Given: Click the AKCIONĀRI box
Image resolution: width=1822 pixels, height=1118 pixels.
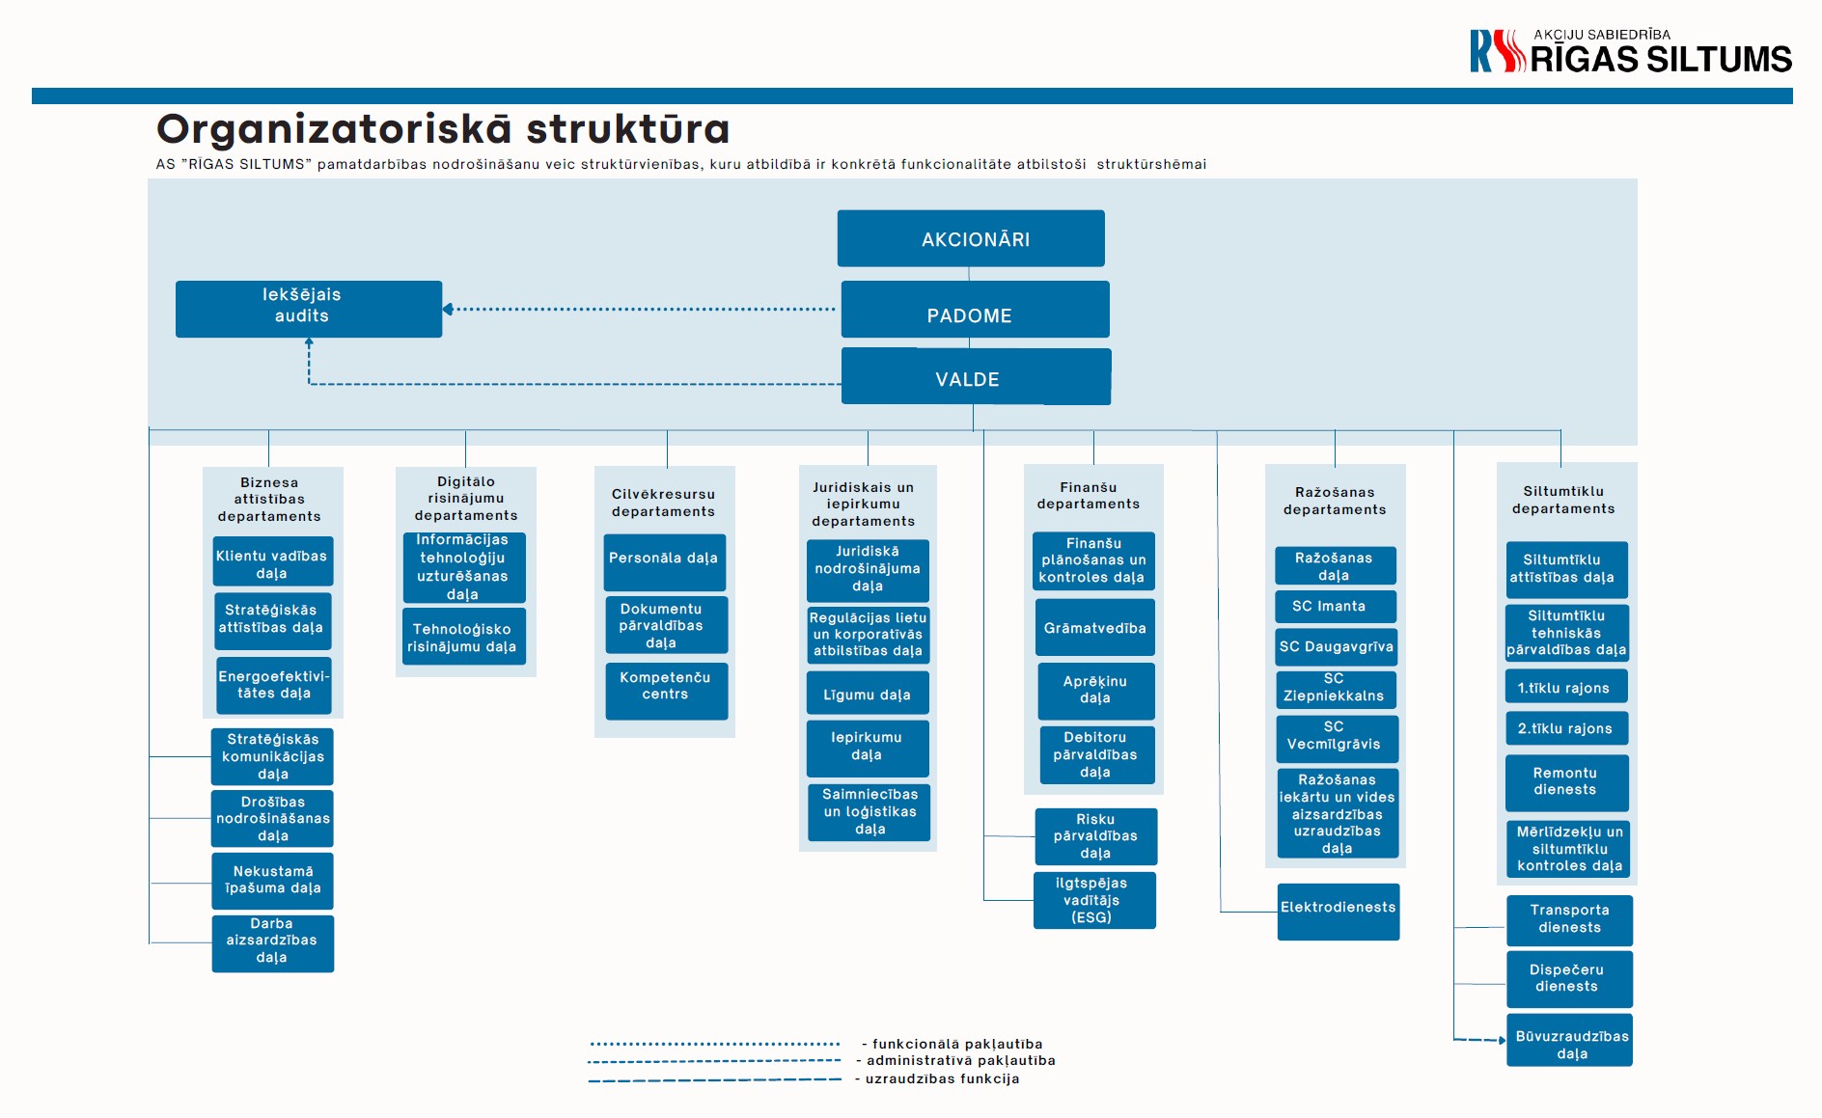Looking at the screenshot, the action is click(x=971, y=238).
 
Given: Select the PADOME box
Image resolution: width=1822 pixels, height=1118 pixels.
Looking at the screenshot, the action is click(x=975, y=310).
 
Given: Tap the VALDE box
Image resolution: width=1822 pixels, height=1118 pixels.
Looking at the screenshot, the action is click(x=976, y=376).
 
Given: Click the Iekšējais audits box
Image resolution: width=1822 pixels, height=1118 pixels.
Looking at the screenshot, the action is click(x=309, y=309).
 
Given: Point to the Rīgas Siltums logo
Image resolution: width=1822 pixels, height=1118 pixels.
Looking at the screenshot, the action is click(x=1631, y=51).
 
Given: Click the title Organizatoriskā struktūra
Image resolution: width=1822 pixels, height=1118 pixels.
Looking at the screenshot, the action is click(x=443, y=128).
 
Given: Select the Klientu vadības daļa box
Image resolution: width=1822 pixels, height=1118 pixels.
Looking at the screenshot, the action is click(x=273, y=561).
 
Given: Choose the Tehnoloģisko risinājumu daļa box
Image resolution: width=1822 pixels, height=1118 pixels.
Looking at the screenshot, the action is click(x=464, y=637).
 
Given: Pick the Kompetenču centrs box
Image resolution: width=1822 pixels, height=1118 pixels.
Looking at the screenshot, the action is click(x=667, y=691).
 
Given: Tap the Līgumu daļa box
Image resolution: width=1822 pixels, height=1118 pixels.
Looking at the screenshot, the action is click(x=868, y=694).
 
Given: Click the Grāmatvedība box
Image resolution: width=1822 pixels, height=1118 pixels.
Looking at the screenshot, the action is click(x=1095, y=627).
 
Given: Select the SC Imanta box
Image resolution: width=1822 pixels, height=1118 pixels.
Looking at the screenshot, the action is click(x=1336, y=606).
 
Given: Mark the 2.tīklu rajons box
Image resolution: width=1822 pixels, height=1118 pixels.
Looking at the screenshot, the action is click(x=1566, y=728).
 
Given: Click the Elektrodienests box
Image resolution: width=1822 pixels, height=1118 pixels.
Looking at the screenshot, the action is click(x=1339, y=912).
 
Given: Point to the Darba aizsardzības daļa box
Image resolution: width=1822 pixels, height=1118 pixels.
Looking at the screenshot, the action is click(x=273, y=943).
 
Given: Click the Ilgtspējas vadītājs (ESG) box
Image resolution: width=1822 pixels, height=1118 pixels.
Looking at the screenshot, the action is click(x=1094, y=901).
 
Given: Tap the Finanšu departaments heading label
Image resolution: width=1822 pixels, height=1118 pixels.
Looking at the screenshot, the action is click(x=1089, y=496).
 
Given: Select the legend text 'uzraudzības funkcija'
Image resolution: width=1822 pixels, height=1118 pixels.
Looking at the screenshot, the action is click(x=942, y=1078).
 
